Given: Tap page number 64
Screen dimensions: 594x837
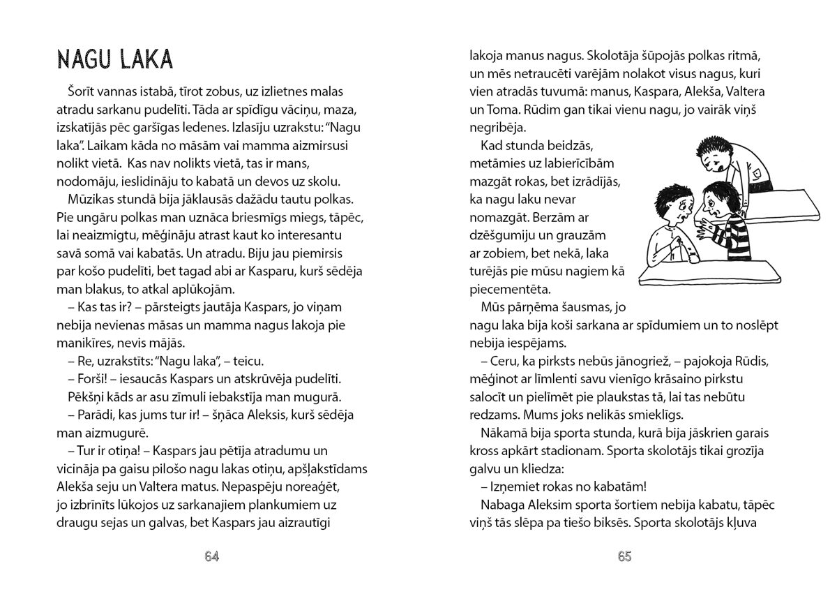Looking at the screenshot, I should [212, 556].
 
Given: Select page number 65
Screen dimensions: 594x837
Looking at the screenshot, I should [624, 556].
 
